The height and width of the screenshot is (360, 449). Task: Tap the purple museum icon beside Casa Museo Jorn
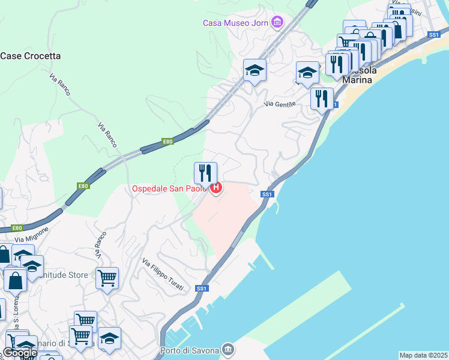coord(277,23)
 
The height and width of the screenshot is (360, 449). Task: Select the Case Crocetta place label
coord(31,56)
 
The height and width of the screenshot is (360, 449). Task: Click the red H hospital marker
coord(215,188)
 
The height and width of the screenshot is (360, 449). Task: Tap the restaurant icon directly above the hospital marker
coord(205,173)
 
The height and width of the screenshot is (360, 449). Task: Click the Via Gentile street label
coord(280,105)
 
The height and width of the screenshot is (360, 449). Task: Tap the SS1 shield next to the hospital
coord(267,194)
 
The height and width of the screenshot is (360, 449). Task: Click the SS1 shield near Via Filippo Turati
coord(202,289)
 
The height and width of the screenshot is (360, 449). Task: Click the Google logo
coord(20,353)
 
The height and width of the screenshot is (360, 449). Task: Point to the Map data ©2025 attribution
coord(424,355)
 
